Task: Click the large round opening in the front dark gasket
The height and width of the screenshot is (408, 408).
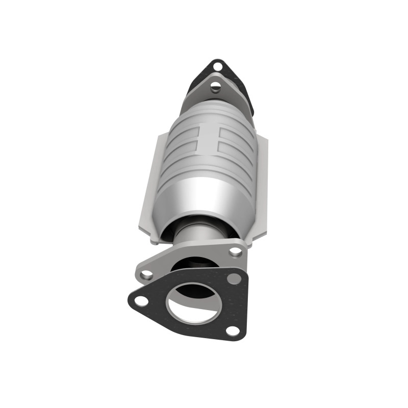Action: [194, 304]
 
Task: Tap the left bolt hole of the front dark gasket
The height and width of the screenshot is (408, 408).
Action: [141, 300]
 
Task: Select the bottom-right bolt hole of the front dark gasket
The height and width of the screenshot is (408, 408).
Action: [233, 330]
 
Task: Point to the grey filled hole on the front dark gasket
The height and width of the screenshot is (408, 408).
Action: [234, 278]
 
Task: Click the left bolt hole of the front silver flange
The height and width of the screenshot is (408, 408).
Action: [147, 274]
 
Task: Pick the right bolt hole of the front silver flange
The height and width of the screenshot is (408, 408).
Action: [236, 251]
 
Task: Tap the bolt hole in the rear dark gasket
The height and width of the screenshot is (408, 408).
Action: [218, 66]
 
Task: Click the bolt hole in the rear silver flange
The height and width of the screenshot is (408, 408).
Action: [216, 86]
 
